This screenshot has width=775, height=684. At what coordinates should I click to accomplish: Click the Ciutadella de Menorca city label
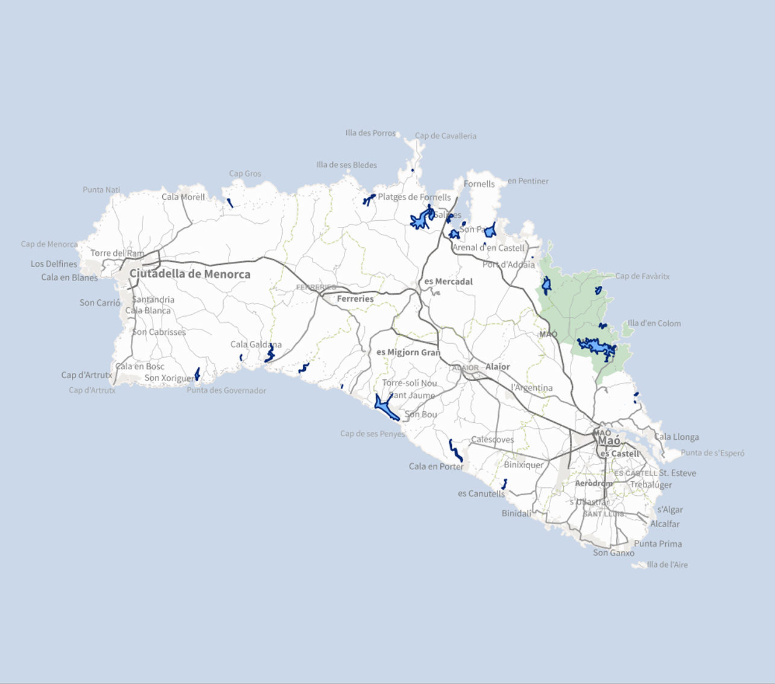189,274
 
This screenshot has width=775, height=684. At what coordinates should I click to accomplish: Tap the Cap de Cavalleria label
445,136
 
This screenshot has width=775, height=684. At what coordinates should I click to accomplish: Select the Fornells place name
479,184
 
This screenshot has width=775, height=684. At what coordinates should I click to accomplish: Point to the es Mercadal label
448,282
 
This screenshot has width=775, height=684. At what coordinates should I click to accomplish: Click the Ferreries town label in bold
355,299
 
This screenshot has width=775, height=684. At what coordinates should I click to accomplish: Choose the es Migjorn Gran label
408,352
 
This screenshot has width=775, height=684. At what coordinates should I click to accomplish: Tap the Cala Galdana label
256,344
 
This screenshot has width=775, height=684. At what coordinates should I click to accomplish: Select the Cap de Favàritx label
642,276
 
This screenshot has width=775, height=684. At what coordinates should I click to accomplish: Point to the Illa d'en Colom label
654,323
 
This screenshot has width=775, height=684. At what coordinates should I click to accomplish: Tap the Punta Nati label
101,190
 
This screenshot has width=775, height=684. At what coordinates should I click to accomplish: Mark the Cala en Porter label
436,466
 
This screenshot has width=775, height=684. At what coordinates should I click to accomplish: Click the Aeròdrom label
593,483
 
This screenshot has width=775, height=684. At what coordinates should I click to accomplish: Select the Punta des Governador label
226,391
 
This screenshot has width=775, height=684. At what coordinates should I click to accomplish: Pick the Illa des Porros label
370,133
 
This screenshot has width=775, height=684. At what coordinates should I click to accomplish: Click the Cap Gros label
245,174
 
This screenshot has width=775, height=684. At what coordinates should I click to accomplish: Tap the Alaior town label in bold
498,367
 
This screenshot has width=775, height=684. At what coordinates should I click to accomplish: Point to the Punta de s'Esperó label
712,453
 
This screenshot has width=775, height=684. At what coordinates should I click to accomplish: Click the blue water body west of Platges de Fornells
369,199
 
